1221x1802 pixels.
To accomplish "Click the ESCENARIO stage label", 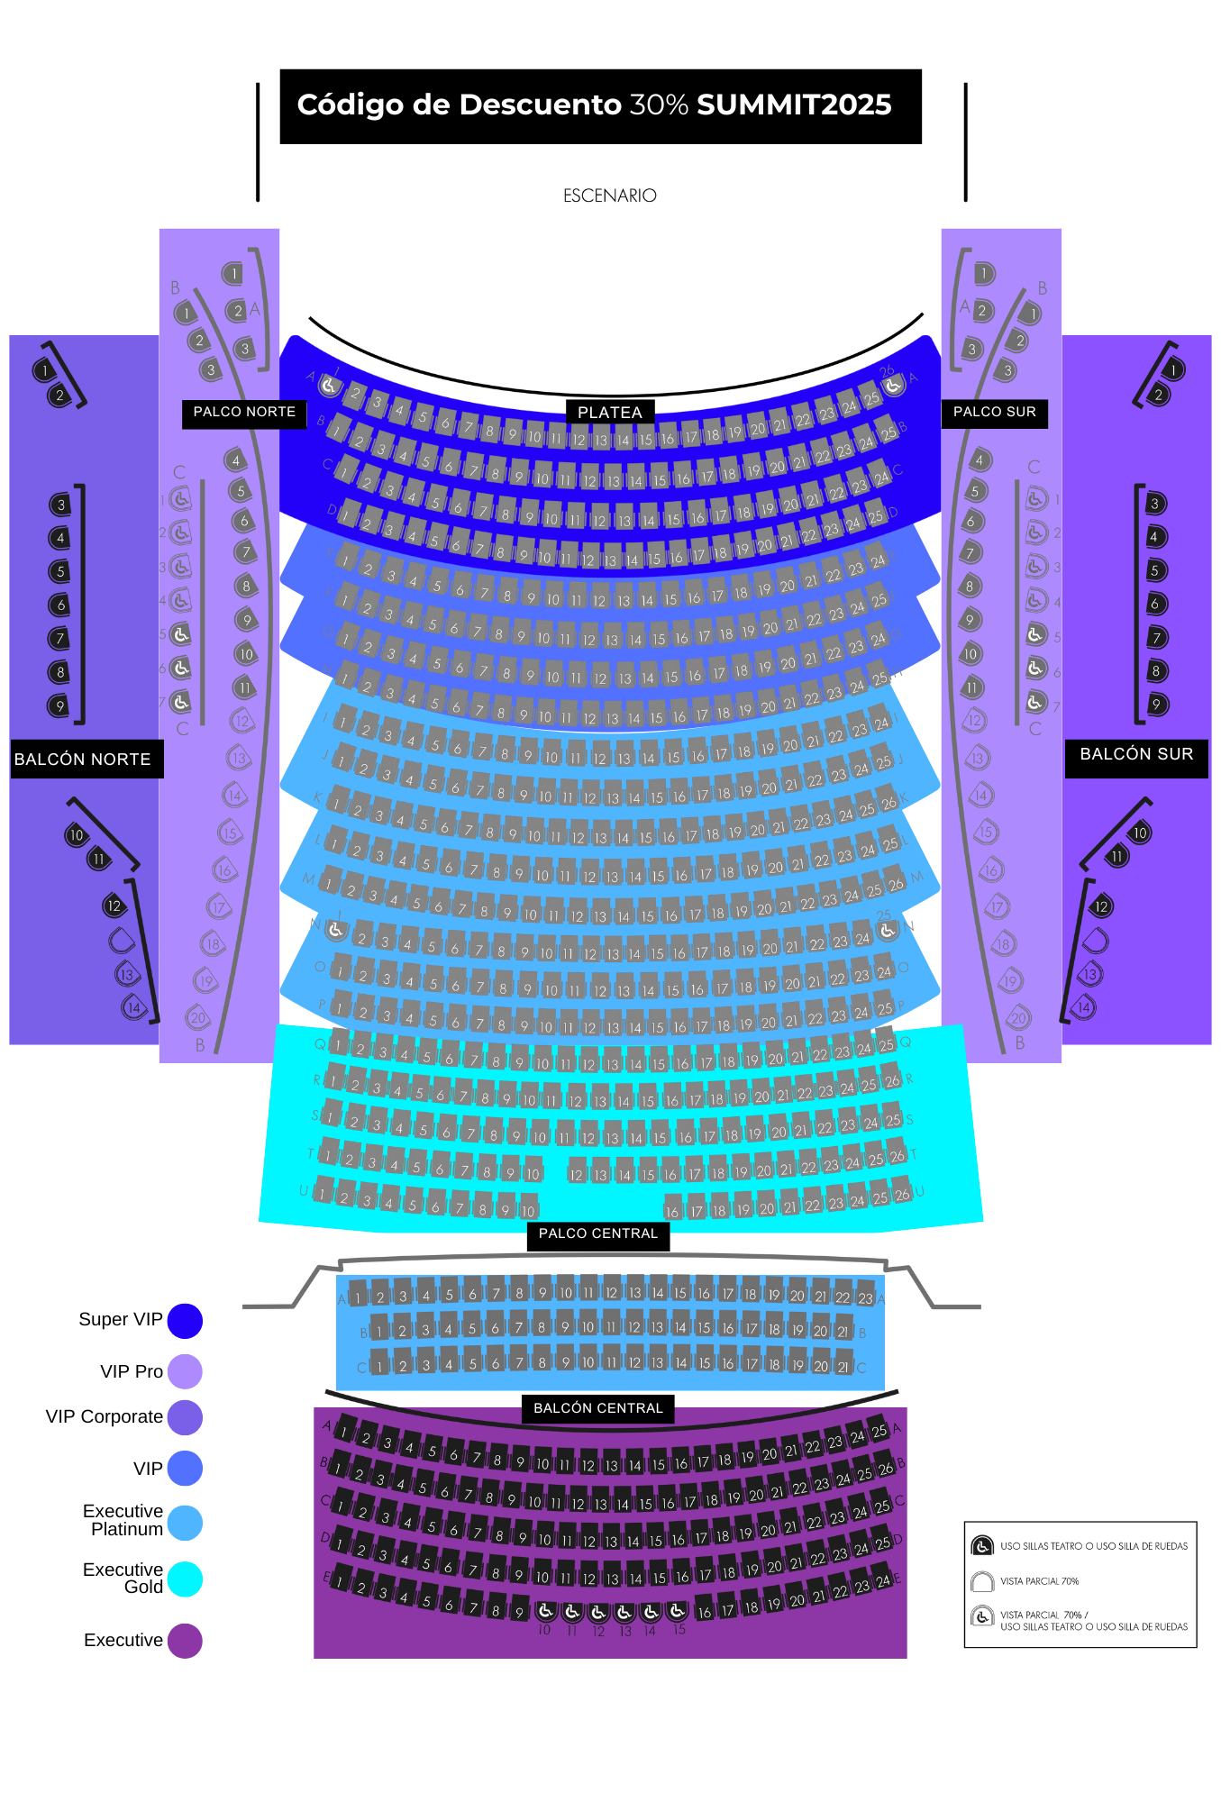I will click(x=609, y=196).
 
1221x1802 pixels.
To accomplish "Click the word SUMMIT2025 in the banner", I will click(x=794, y=105).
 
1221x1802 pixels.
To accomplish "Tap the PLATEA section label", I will click(x=609, y=412).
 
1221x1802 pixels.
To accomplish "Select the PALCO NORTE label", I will click(x=244, y=412).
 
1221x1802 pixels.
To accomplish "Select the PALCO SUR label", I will click(x=994, y=412).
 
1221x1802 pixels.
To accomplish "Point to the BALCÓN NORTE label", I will click(x=83, y=759).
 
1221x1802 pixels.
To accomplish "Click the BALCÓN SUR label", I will click(x=1135, y=754).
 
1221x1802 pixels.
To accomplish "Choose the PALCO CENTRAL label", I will click(x=597, y=1233).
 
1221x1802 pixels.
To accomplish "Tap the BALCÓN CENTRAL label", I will click(x=597, y=1408).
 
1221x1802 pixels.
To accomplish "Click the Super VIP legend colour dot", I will click(x=185, y=1320).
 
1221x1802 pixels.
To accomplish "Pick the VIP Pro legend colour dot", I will click(x=185, y=1371).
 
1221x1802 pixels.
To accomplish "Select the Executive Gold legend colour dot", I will click(x=185, y=1579).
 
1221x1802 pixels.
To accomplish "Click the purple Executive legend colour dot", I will click(x=185, y=1641).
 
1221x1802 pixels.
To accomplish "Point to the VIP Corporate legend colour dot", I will click(x=185, y=1417).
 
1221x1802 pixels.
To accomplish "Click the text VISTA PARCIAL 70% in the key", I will click(x=1039, y=1581).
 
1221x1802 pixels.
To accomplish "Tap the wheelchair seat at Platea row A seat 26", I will click(x=892, y=386).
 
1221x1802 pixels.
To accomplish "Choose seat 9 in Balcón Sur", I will click(x=1157, y=704).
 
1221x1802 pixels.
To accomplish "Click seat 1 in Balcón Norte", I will click(x=43, y=370).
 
